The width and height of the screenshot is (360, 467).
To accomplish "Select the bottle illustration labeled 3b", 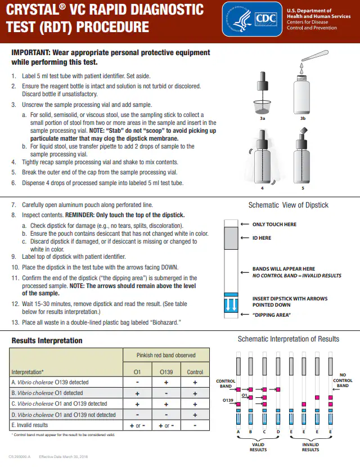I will coord(303,90).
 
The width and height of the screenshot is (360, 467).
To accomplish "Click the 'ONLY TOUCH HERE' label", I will coord(274,224).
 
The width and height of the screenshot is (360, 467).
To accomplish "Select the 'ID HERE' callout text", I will coord(262,238).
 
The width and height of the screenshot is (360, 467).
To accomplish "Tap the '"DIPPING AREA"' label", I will coord(271,315).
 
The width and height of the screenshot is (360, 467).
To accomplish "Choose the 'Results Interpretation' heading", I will coord(47,340).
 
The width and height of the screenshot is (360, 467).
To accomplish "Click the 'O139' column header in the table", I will coord(166,372).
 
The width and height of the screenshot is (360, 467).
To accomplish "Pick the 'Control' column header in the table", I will coord(195,372).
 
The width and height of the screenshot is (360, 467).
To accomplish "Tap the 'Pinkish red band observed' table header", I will coord(166,355).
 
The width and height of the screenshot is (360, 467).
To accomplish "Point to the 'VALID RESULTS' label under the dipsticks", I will coord(258,447).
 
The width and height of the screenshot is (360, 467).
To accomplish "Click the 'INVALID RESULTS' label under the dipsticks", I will coord(310,447).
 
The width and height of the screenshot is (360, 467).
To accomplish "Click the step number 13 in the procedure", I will coord(15,322).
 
